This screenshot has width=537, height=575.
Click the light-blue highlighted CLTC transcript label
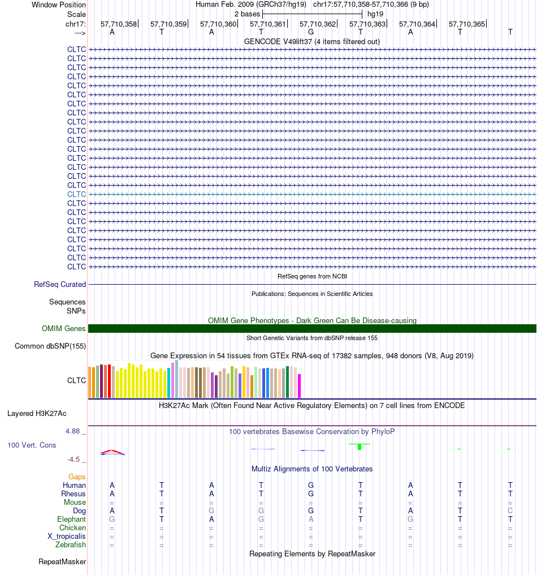[76, 194]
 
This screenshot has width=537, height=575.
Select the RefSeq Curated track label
[60, 284]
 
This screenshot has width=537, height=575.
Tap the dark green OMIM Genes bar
[312, 329]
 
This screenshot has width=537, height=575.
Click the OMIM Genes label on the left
[63, 329]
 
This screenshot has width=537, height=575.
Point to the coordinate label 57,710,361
[267, 24]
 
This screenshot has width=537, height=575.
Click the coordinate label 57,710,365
[467, 24]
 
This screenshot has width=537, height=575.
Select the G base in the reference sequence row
[311, 32]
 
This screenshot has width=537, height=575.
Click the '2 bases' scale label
[247, 14]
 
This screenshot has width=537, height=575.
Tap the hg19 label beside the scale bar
[375, 14]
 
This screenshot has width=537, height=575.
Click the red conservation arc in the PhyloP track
[112, 451]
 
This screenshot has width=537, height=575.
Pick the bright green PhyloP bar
[360, 447]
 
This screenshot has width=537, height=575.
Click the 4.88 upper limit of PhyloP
[72, 431]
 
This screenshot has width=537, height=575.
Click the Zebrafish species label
[70, 545]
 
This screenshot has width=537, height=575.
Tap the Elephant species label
[71, 520]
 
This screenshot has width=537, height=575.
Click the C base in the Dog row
[510, 511]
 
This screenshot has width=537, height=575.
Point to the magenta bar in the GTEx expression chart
[299, 386]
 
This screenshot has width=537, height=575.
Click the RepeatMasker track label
[62, 562]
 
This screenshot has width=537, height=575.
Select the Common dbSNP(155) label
[50, 346]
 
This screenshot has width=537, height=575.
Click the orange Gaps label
[77, 477]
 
